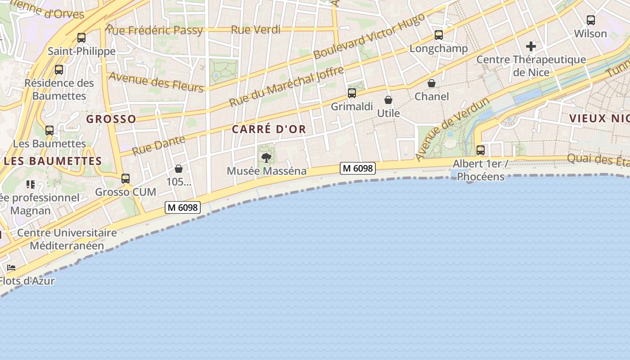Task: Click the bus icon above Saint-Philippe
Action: [81, 38]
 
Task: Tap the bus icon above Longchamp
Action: [439, 35]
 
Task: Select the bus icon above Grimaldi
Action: [352, 93]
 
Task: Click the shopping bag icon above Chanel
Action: [432, 83]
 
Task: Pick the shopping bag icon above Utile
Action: [388, 100]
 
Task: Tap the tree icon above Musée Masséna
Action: [266, 157]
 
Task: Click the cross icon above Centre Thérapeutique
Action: [531, 46]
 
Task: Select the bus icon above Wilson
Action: [591, 20]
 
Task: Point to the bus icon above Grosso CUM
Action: [126, 179]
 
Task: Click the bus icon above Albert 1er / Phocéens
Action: [481, 150]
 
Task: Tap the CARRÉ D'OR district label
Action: [269, 129]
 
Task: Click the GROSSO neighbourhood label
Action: [111, 119]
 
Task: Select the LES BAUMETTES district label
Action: [53, 161]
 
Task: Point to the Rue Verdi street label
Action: [256, 30]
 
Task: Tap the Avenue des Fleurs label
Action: [156, 81]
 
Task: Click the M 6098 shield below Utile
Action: [358, 168]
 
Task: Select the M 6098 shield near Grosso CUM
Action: [183, 207]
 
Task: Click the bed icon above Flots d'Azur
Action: [11, 268]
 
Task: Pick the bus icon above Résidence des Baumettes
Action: [59, 70]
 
